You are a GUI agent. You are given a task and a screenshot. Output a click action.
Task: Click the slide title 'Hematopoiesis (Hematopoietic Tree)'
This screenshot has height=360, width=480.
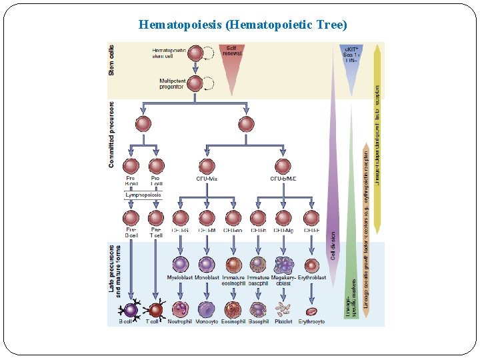pos(243,25)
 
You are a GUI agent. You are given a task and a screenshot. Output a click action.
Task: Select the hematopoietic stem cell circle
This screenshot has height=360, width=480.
pos(195,53)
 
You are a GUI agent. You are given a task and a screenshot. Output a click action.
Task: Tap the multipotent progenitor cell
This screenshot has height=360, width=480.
pos(195,83)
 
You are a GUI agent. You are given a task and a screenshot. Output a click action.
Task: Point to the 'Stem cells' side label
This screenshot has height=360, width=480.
pos(111,59)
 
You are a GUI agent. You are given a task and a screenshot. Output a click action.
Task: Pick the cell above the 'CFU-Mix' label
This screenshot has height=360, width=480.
pos(207,167)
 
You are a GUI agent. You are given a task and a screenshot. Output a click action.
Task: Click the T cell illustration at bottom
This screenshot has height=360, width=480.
pos(155,309)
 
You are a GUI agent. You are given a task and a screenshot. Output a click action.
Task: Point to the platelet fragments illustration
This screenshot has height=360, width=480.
pos(283,309)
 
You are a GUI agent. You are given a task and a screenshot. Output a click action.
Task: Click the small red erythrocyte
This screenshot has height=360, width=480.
pos(311,311)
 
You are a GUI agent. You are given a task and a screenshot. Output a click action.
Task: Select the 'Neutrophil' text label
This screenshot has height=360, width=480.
pos(180,321)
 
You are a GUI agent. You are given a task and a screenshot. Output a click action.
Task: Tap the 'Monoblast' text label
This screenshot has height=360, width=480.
pos(207,277)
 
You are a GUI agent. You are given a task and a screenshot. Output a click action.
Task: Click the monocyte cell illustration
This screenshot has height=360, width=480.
pos(207,309)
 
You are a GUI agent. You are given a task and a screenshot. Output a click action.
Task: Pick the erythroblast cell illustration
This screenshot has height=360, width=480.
pos(311,265)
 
